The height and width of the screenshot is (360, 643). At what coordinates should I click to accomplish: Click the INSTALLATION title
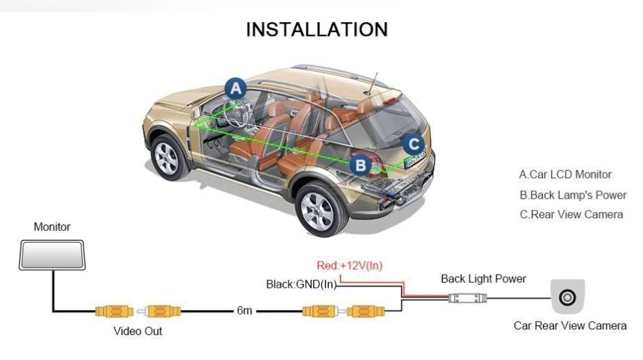point(317,30)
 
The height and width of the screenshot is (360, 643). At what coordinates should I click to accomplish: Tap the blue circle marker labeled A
point(236,88)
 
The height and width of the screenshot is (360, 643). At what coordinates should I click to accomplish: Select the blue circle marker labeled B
point(360,165)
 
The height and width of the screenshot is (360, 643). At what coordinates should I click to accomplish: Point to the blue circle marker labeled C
point(414,145)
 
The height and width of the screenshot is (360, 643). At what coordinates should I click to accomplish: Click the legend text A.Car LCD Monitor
point(565,174)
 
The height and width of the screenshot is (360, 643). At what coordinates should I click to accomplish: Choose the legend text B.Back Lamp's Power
point(573,195)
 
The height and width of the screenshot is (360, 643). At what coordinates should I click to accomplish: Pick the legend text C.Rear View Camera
point(571,214)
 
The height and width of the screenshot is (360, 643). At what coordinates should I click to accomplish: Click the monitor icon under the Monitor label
point(53,254)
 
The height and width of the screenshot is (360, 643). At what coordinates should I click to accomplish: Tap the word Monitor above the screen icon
point(52,227)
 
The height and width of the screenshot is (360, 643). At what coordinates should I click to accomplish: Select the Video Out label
point(138,331)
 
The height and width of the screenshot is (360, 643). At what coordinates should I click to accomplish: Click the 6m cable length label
point(244,311)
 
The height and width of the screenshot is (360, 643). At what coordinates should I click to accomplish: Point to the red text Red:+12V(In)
point(349,265)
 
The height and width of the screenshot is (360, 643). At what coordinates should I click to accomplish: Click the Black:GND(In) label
point(301,284)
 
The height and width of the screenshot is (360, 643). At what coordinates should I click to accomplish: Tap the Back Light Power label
point(483,279)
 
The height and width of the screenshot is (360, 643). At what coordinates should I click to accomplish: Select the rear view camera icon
point(568,297)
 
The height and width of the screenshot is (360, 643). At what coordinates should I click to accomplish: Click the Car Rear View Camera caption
point(570,325)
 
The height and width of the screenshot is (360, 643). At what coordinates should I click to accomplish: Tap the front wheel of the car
point(168,158)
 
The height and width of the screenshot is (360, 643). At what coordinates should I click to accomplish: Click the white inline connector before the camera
point(467,298)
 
